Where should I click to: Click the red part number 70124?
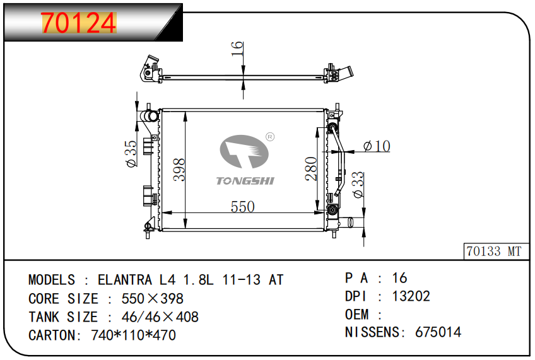coord(79,23)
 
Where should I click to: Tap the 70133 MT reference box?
coord(496,252)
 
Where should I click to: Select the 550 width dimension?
coord(243,207)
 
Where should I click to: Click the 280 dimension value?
coord(311,168)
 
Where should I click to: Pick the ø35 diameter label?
coord(131,154)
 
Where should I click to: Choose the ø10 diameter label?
coord(377,146)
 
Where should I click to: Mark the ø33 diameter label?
coord(358,185)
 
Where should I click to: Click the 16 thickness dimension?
coord(237,49)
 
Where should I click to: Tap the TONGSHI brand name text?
coord(245,181)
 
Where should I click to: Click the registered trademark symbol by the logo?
coord(270,137)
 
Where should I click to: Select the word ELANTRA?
coord(124,280)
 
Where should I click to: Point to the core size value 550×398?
coord(152,299)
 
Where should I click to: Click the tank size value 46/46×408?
coord(160,317)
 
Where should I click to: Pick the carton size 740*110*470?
coord(133,335)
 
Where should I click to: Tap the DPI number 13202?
coord(411,296)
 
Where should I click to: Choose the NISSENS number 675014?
coord(438,332)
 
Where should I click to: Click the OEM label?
coord(357,315)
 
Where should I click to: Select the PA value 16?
coord(400,278)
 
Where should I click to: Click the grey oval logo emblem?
coord(244,152)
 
